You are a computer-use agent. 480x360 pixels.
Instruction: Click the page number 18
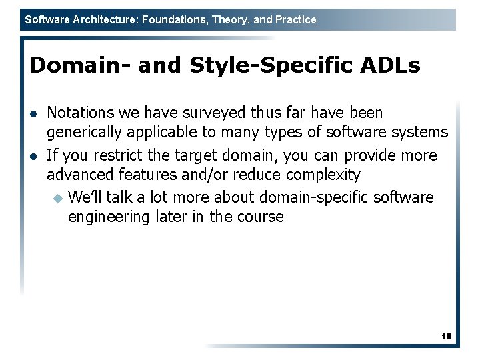coord(446,337)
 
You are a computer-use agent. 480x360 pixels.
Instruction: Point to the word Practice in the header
coord(295,20)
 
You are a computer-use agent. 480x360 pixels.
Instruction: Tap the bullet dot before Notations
coord(34,113)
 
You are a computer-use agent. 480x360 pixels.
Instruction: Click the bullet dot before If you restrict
coord(34,156)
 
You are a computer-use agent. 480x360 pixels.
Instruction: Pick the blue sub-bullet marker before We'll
coord(57,198)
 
